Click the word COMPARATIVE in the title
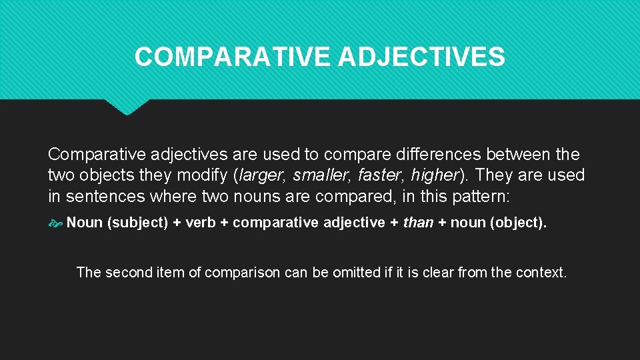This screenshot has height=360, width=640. (233, 57)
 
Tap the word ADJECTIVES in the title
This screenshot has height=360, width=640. (421, 57)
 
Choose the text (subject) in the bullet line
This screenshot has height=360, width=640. (138, 223)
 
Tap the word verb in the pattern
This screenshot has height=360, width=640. (200, 223)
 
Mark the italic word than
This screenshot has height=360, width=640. (419, 223)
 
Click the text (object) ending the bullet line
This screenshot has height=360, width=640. (518, 223)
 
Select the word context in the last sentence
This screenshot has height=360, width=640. (541, 272)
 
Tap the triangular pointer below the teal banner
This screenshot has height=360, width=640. (127, 107)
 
